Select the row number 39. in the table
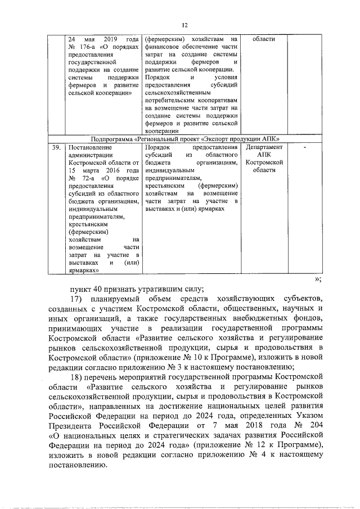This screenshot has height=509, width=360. point(56,147)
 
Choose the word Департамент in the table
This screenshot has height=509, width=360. point(264,147)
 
